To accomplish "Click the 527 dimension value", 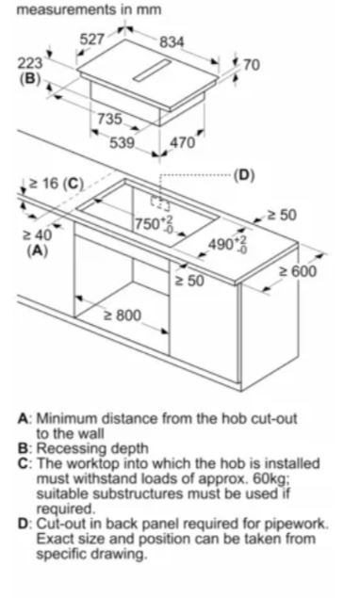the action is click(91, 40).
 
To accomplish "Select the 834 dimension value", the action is click(172, 42).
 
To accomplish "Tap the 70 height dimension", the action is click(252, 65).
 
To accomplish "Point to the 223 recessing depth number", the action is click(30, 63).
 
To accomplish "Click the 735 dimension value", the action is click(109, 119).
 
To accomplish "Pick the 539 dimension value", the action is click(123, 143).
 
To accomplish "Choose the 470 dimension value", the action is click(182, 143).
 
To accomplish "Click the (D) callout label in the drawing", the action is click(244, 175).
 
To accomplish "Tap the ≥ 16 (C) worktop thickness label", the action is click(57, 184).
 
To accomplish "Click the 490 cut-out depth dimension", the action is click(227, 244).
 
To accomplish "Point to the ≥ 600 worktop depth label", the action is click(298, 271).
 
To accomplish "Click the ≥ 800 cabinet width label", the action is click(123, 315).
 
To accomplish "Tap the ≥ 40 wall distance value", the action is click(37, 235).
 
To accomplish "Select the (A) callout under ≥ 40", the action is click(37, 251).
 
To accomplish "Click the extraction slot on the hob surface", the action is click(152, 71).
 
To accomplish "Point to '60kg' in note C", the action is click(270, 477).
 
